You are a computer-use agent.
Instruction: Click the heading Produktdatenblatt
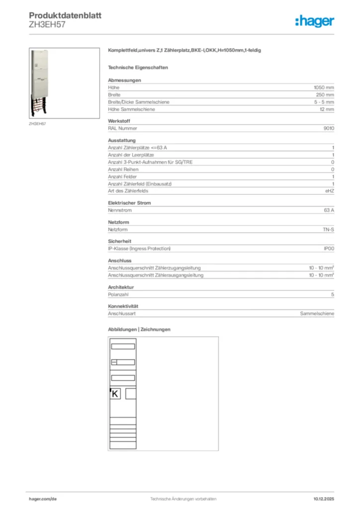coord(65,15)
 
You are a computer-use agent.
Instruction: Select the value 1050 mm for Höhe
coord(324,87)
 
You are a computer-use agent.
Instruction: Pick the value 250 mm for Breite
coord(325,94)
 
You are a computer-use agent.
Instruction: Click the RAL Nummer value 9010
coord(329,128)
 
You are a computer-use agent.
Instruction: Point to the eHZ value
coord(329,191)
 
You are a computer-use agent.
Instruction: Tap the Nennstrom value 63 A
coord(329,210)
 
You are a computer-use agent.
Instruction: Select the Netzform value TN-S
coord(328,230)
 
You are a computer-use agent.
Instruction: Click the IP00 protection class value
coord(329,249)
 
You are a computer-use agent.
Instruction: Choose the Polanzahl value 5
coord(333,295)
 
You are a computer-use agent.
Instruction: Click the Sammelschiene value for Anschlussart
coord(317,314)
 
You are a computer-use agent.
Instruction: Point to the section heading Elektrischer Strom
coord(129,203)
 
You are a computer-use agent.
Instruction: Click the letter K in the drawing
coord(115,394)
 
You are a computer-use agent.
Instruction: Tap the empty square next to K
coord(131,394)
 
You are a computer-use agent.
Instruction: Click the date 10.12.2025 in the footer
coord(324,499)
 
